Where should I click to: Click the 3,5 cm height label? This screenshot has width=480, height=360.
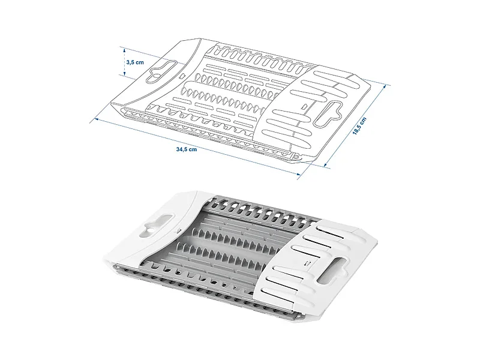click(x=135, y=62)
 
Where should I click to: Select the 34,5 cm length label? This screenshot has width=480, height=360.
click(x=187, y=149)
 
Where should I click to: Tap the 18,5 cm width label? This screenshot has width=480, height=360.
click(x=359, y=126)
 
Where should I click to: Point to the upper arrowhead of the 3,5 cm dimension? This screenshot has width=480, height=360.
click(x=125, y=50)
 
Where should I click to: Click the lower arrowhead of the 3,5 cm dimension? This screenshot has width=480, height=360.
click(x=125, y=74)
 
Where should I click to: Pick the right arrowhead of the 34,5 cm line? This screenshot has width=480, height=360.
click(x=299, y=174)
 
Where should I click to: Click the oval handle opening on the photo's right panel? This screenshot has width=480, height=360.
click(x=332, y=271)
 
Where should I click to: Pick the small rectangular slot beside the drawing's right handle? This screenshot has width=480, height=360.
click(x=304, y=107)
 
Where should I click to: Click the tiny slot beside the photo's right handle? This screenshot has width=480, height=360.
click(x=308, y=262)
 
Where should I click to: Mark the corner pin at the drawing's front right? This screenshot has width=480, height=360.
click(x=295, y=157)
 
